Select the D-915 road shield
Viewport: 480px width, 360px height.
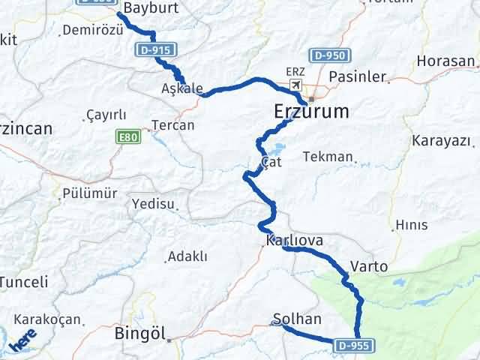point(157,50)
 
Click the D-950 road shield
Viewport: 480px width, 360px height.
point(329,56)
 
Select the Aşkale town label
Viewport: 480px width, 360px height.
point(181,88)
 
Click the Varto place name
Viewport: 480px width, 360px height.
point(368,266)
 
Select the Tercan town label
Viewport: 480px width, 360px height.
point(172,125)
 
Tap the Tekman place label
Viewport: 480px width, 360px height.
point(328,157)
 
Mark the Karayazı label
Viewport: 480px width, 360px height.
point(441,141)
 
